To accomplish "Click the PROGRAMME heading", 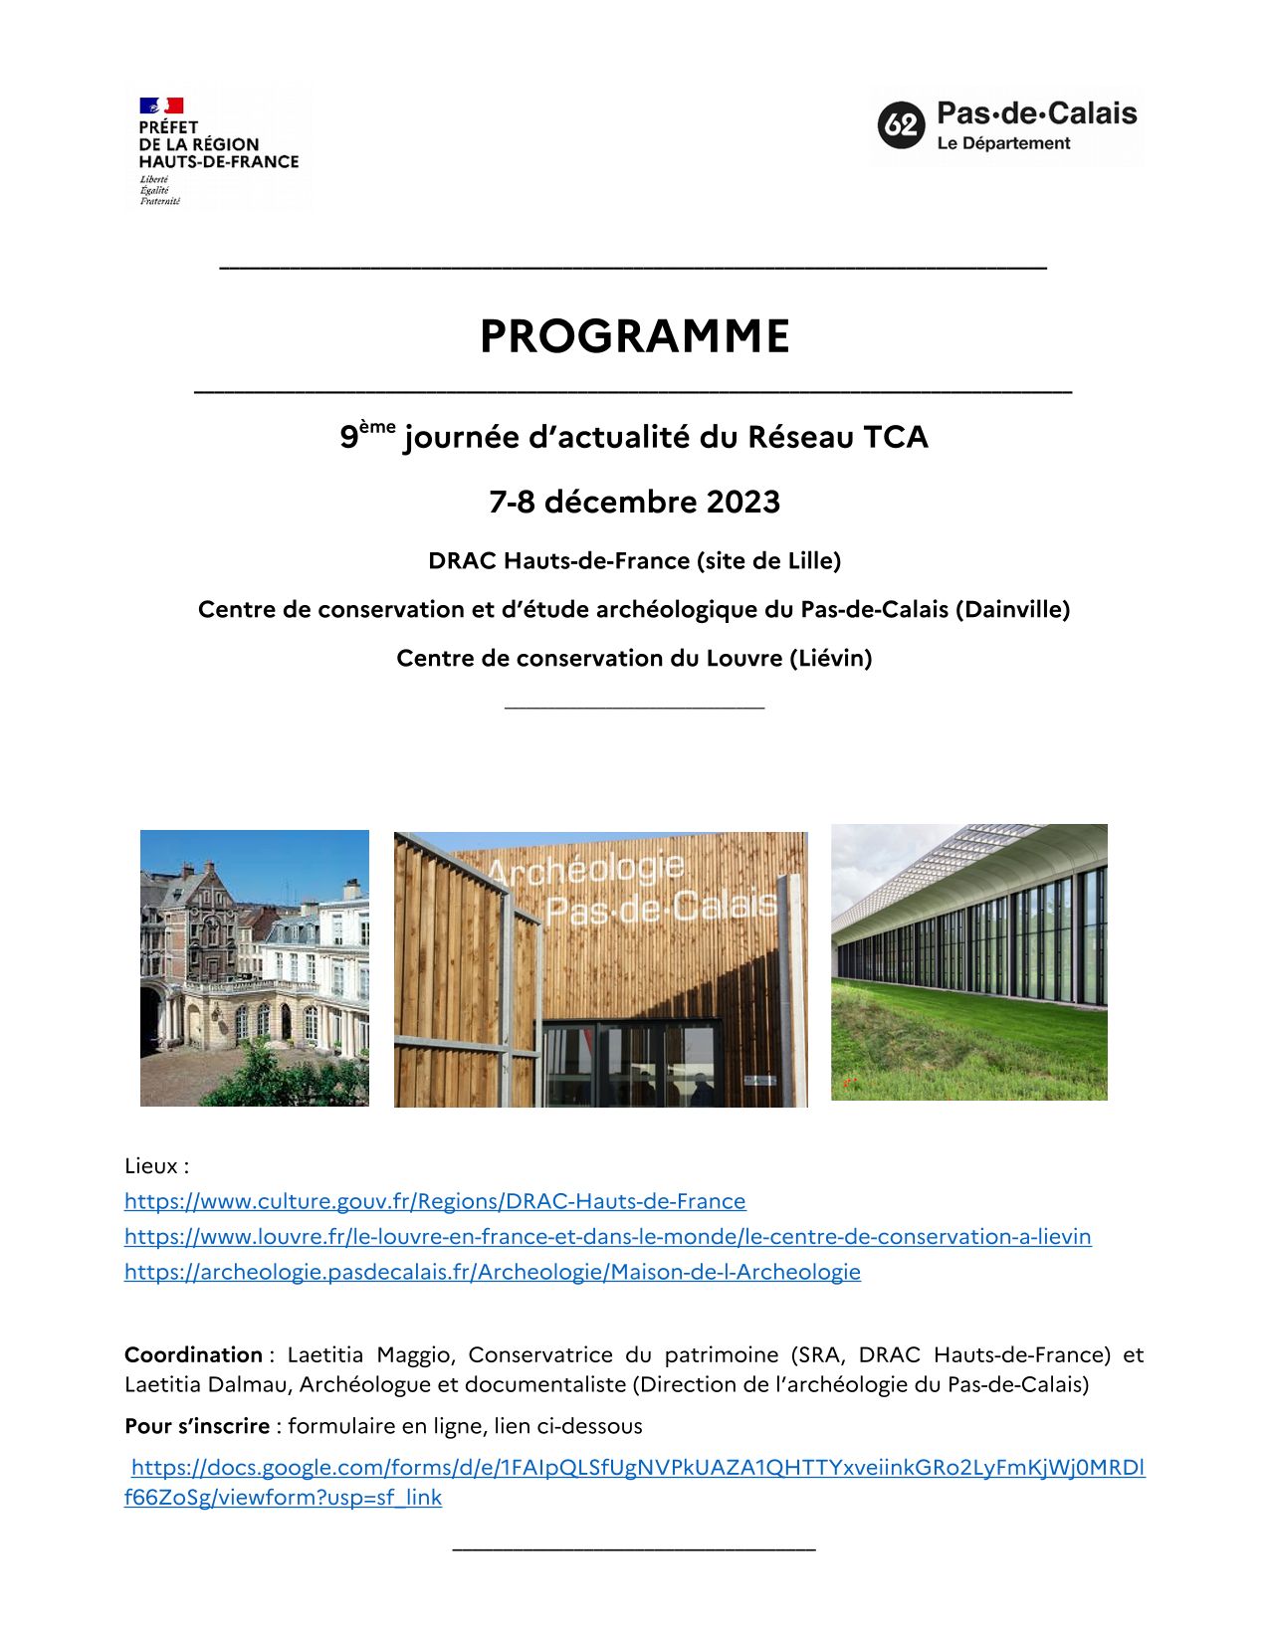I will tap(634, 336).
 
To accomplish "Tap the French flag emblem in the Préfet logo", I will tap(161, 105).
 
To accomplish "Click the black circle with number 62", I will tap(901, 125).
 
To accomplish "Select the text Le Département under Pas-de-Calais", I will tap(1003, 143).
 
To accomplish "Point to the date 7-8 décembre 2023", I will tap(634, 502).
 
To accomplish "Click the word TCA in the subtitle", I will tap(895, 437).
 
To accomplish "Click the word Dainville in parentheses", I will tap(1012, 609).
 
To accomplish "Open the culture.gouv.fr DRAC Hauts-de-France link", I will tap(435, 1201).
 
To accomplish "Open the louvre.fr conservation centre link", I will tap(607, 1236).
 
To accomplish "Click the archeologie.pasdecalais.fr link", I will tap(492, 1272).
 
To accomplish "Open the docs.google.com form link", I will tap(637, 1468).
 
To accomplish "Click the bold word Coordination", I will tap(193, 1354).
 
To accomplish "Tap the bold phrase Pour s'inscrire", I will tap(197, 1426).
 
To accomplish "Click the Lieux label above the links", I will tap(156, 1165).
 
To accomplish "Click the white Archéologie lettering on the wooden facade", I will tap(587, 872).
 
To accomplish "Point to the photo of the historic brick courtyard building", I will tap(254, 968).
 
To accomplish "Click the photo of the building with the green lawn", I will tap(968, 962).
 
